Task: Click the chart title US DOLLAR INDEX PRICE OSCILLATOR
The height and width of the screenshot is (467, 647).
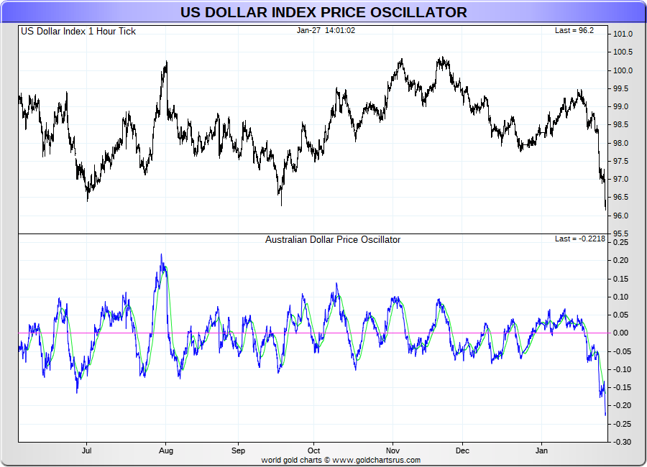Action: pos(323,12)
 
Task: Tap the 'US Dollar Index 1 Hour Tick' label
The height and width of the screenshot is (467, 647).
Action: pos(78,31)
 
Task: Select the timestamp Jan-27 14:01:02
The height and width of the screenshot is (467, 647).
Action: pos(326,30)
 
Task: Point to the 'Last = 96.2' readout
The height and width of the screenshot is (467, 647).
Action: pos(574,31)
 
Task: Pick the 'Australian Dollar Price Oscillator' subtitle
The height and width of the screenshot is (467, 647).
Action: pos(333,239)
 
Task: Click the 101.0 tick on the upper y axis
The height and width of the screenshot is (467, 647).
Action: pos(623,34)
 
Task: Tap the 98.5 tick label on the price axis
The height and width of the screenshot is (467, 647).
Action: pos(623,125)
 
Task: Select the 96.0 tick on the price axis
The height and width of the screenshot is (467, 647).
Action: pos(623,216)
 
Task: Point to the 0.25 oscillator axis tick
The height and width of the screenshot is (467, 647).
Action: pos(623,242)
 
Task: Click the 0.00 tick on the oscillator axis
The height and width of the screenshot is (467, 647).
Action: pos(623,333)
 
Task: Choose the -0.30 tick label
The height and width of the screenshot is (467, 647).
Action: pos(621,441)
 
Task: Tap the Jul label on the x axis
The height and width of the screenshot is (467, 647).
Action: pos(87,451)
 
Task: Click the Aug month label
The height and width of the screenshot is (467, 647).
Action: pos(166,451)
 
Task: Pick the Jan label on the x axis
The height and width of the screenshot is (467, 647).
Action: pos(542,451)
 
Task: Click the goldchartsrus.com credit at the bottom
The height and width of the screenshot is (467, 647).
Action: pos(341,460)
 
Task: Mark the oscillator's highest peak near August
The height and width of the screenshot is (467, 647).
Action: pos(162,255)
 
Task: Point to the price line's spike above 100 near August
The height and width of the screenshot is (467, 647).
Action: pos(166,63)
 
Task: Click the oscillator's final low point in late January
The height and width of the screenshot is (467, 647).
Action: pos(605,414)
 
